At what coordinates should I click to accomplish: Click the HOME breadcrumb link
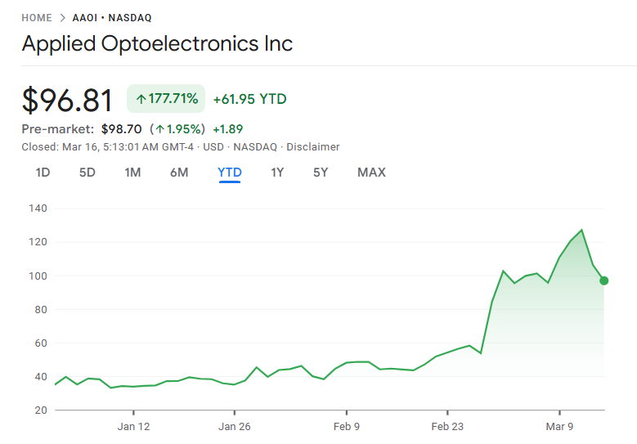click(36, 18)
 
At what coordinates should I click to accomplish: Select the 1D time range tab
click(43, 173)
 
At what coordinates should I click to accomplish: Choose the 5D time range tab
click(87, 173)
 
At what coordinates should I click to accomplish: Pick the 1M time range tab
click(132, 173)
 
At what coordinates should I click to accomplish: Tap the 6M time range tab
click(179, 173)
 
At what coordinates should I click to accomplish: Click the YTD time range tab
click(230, 173)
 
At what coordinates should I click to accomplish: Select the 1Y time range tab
click(277, 173)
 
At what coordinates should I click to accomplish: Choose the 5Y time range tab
click(321, 173)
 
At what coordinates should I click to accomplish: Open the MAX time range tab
click(371, 173)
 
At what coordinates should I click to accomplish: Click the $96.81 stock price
click(67, 100)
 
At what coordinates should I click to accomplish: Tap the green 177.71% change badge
click(166, 99)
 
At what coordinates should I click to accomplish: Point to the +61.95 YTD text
click(249, 99)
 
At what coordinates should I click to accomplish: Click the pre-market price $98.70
click(122, 129)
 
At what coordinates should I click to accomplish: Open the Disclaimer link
click(312, 147)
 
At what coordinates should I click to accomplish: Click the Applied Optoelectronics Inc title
click(157, 44)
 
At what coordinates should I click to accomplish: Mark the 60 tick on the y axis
click(40, 343)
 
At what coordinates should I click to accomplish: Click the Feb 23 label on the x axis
click(447, 426)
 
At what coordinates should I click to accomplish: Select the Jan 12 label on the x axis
click(133, 426)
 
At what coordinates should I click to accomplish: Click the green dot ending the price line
click(603, 280)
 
